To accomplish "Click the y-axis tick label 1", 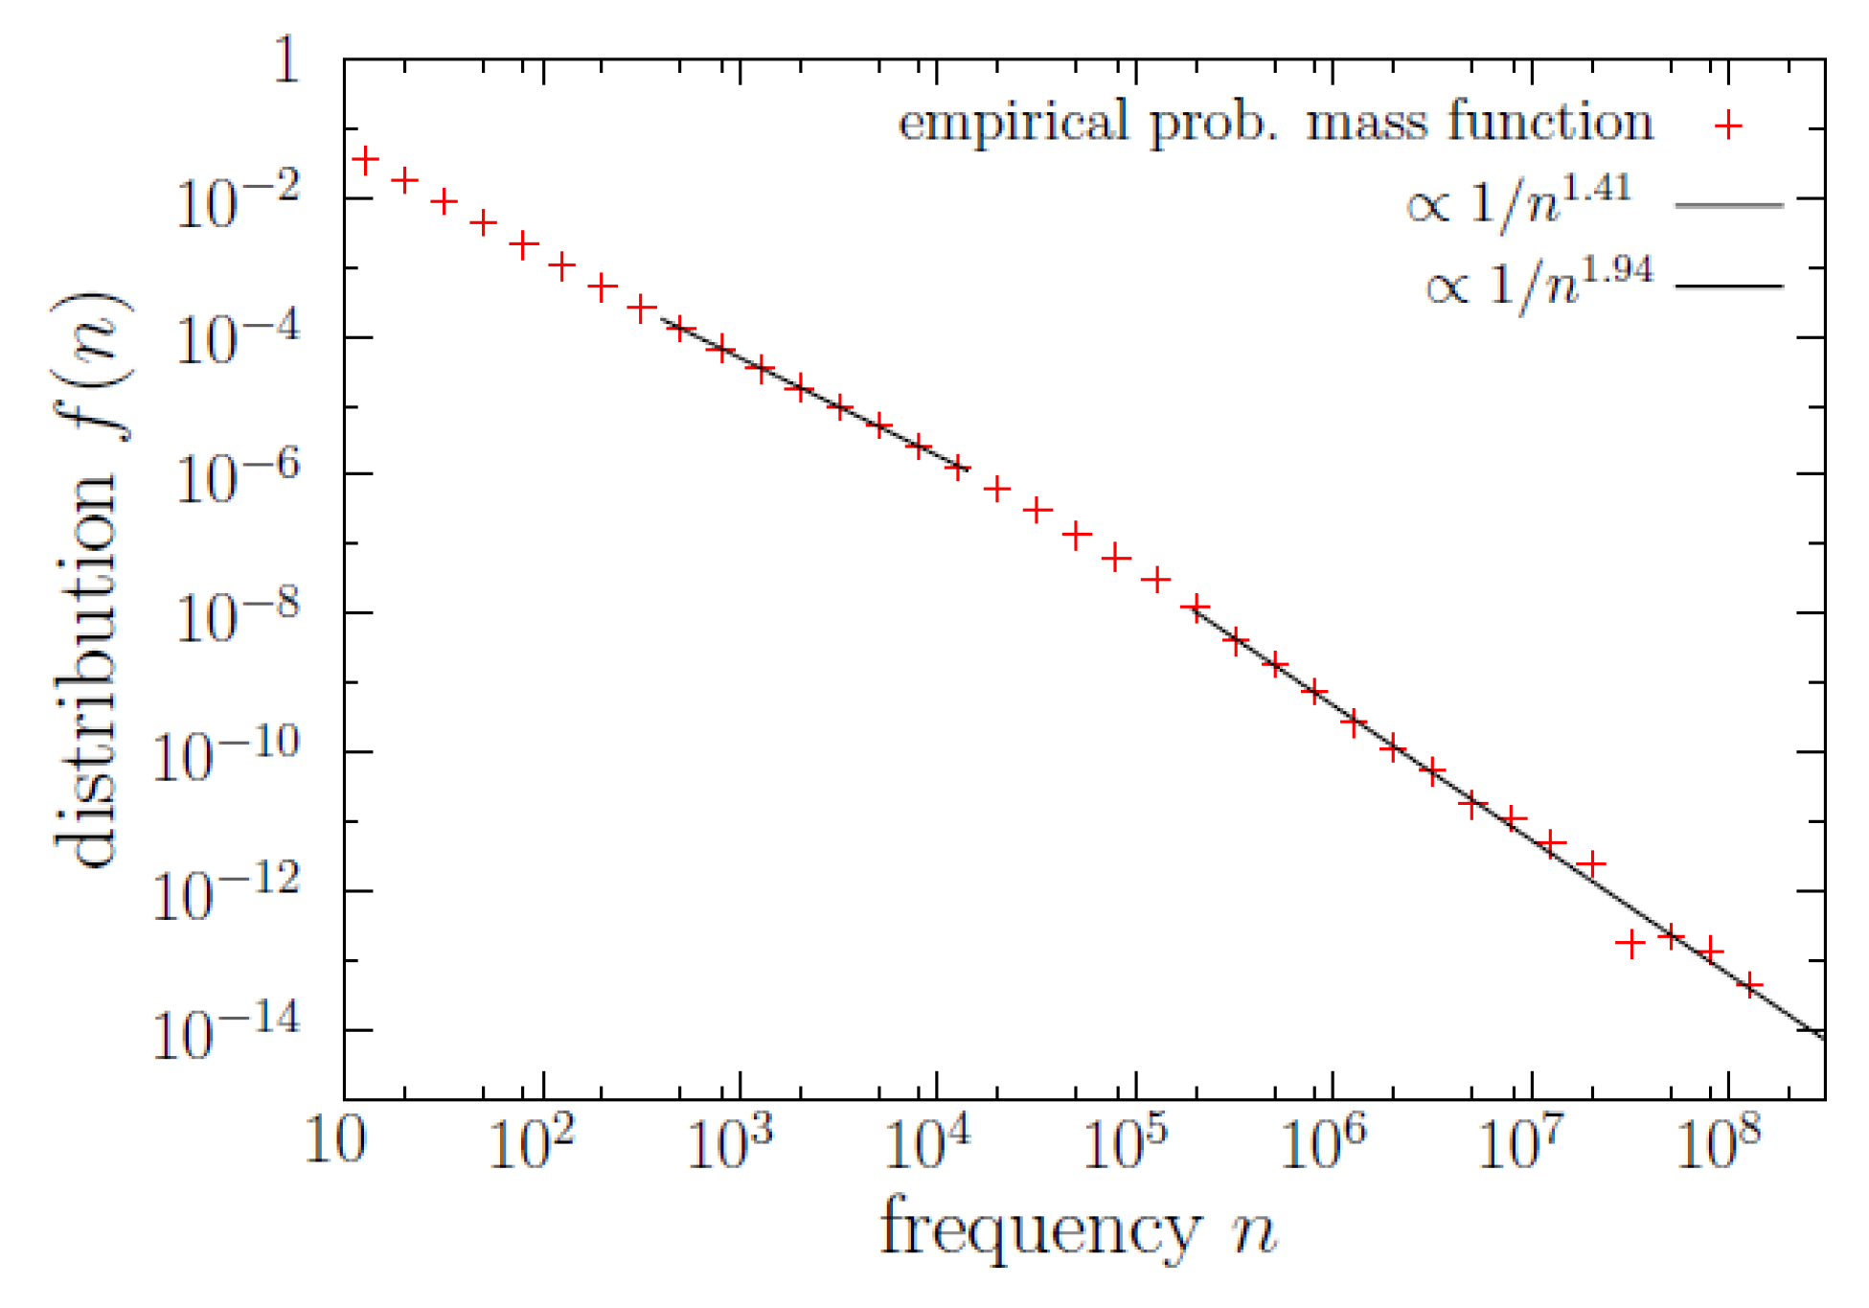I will [286, 60].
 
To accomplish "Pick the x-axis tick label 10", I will [335, 1141].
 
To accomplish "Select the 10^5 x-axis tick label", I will [1126, 1143].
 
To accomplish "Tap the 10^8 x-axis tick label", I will [1719, 1143].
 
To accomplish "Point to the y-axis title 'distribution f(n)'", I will [91, 580].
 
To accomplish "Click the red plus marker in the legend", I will [1728, 125].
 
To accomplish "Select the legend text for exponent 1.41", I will [1518, 201].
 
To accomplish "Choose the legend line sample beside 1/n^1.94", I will [1728, 286].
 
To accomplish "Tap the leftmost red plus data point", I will [365, 160].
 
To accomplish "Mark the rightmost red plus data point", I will [1749, 985].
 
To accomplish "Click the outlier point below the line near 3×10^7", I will [1630, 944].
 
